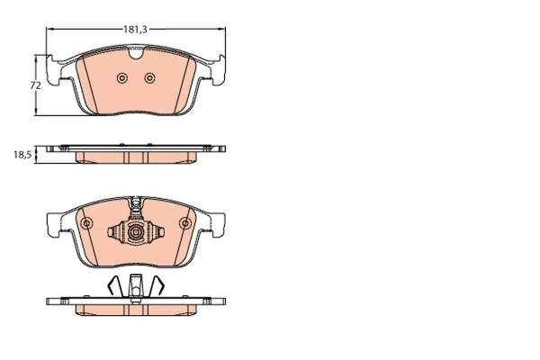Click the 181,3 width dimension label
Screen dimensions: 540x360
coord(135,30)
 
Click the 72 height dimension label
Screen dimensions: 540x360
coord(35,85)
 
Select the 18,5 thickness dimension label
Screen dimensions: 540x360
coord(22,155)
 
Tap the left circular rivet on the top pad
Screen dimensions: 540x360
coord(121,78)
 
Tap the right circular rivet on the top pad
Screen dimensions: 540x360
coord(149,78)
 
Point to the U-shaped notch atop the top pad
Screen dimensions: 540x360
coord(135,53)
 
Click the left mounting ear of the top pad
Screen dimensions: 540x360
coord(53,70)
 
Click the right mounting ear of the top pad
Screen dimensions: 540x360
coord(218,70)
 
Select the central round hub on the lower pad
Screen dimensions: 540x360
coord(135,232)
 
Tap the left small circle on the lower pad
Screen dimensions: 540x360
coord(86,223)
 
